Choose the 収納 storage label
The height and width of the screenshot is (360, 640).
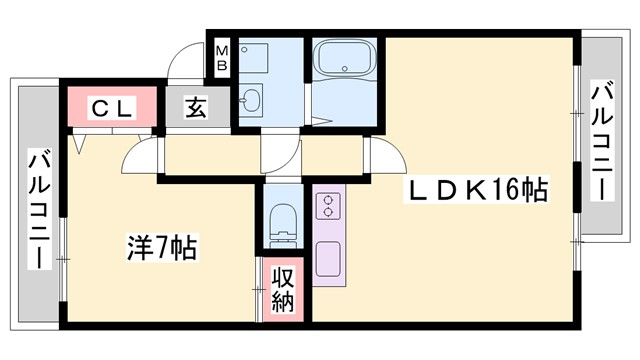pos(283,287)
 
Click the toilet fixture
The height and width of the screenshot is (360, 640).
pos(284,222)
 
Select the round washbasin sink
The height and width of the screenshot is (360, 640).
pos(250,101)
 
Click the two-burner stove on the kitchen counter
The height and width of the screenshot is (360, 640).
pos(327,206)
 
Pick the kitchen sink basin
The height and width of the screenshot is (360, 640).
pos(328,259)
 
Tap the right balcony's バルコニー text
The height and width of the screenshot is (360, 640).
pos(602,140)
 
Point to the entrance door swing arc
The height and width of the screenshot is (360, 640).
pos(183,62)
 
